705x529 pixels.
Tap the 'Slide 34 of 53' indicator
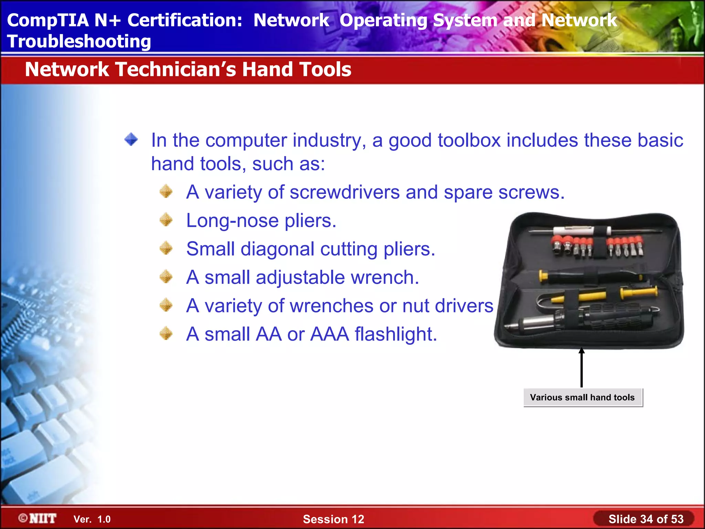point(645,519)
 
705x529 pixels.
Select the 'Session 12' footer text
point(333,519)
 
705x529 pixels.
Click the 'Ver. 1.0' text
point(92,519)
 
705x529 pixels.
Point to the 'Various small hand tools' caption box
point(582,397)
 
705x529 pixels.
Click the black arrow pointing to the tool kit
point(581,367)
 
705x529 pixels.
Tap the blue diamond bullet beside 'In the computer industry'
point(131,140)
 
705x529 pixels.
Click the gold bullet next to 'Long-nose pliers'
point(166,220)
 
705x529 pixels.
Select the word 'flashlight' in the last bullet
point(396,334)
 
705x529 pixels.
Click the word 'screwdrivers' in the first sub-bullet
point(344,192)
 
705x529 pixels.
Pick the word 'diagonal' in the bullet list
point(277,249)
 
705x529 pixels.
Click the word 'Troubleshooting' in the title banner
point(79,41)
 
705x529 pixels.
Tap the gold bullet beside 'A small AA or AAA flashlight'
point(166,334)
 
